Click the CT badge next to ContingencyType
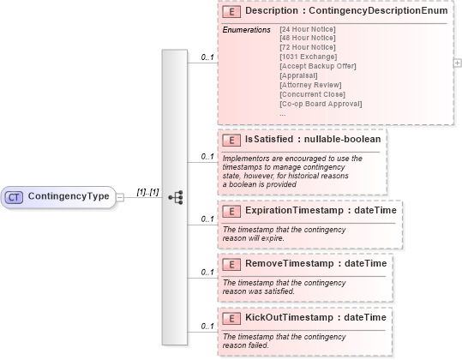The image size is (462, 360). click(x=15, y=196)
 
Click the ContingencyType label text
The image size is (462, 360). click(x=69, y=196)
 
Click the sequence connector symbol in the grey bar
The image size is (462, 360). click(x=176, y=196)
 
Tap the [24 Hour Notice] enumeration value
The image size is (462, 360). click(x=307, y=30)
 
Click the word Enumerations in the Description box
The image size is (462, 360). click(x=246, y=30)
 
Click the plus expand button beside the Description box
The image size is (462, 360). click(x=457, y=63)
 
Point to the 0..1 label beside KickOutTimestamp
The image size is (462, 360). click(x=207, y=327)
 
